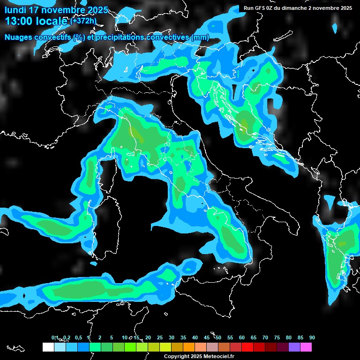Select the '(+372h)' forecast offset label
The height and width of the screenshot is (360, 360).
coord(83,21)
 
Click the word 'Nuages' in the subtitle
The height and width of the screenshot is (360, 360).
coord(19,37)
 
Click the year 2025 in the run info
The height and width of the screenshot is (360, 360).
coord(344,8)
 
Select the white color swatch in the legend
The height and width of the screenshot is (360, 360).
coord(48,347)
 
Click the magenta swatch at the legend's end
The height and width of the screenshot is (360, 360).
coord(306,347)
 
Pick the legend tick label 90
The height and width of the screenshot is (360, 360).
coord(312,337)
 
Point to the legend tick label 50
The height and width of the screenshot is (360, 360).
coord(218,337)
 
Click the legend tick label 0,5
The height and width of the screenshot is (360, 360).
coord(78,337)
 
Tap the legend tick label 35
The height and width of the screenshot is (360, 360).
coord(183,337)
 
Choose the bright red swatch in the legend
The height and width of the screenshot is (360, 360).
coord(247,347)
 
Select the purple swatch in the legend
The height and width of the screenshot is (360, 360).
coord(294,347)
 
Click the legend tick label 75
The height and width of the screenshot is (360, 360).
coord(277,337)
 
